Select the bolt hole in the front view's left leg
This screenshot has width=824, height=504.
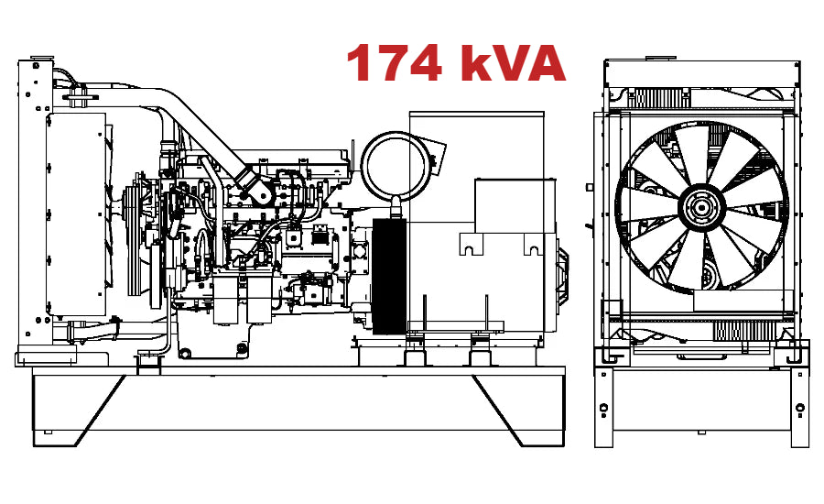(604, 407)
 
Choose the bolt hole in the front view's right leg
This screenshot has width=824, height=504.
(799, 407)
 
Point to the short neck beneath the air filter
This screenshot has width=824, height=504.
(396, 205)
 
